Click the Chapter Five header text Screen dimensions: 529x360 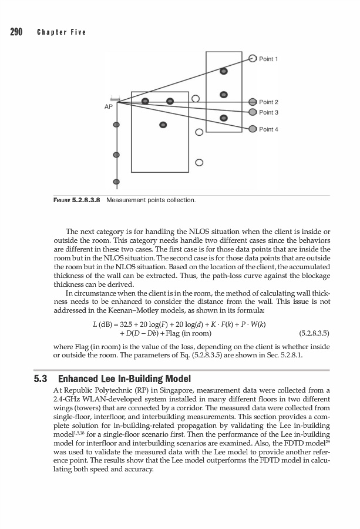pyautogui.click(x=61, y=32)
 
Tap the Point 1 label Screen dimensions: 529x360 pyautogui.click(x=268, y=59)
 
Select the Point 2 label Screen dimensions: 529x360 pyautogui.click(x=268, y=102)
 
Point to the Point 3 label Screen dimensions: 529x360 pyautogui.click(x=268, y=112)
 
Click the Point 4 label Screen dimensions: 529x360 pyautogui.click(x=268, y=129)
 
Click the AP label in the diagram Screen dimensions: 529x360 pyautogui.click(x=108, y=108)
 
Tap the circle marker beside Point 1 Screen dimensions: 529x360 pyautogui.click(x=253, y=58)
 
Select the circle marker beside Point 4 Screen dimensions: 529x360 pyautogui.click(x=253, y=129)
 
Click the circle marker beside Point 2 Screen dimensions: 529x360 pyautogui.click(x=253, y=102)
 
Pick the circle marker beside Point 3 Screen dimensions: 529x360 pyautogui.click(x=253, y=112)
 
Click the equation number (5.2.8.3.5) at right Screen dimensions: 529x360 pyautogui.click(x=314, y=333)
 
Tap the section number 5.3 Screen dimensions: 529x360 pyautogui.click(x=41, y=377)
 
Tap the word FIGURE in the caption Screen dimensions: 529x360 pyautogui.click(x=58, y=200)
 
